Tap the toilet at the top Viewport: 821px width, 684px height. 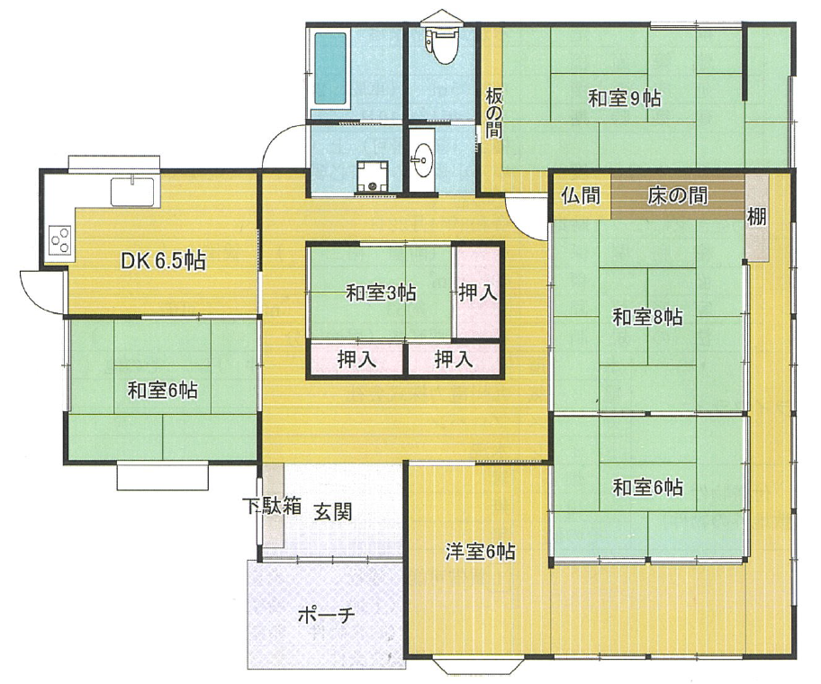[x=443, y=45]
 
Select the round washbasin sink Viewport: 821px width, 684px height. [x=421, y=159]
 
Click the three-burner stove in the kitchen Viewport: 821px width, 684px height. [x=59, y=240]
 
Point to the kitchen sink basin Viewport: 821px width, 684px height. [x=132, y=192]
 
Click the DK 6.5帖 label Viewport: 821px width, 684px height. [x=163, y=260]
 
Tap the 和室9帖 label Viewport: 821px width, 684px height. [x=624, y=98]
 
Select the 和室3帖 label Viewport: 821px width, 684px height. [x=381, y=292]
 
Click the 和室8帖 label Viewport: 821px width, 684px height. [x=647, y=317]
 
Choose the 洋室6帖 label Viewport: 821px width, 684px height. [x=480, y=552]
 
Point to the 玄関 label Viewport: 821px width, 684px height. [x=332, y=511]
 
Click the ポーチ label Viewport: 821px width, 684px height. [x=326, y=615]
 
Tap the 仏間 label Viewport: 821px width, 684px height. [x=580, y=195]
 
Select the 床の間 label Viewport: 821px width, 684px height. [x=678, y=195]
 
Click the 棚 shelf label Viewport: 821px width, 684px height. [x=756, y=216]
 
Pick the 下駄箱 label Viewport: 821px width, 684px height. [x=272, y=506]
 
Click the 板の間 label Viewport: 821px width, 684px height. [x=493, y=112]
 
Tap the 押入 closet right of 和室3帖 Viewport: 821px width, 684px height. [x=477, y=292]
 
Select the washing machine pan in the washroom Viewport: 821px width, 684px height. [x=373, y=177]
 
